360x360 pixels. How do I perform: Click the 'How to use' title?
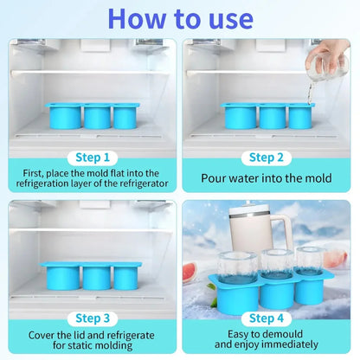pyautogui.click(x=179, y=18)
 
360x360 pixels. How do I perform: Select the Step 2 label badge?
pyautogui.click(x=267, y=157)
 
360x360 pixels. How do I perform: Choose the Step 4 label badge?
pyautogui.click(x=267, y=318)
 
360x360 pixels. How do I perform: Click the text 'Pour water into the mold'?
pyautogui.click(x=267, y=178)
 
